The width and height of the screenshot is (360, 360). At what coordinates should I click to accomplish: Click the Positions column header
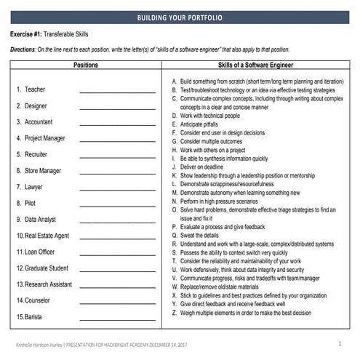click(x=86, y=65)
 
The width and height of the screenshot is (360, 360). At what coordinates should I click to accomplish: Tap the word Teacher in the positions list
click(x=34, y=89)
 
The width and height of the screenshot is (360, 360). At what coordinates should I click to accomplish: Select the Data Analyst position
click(x=41, y=219)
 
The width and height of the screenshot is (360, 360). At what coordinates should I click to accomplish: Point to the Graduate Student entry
click(x=47, y=268)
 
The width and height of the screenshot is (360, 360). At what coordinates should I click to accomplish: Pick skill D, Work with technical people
click(x=215, y=115)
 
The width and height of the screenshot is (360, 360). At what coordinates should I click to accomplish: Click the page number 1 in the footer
click(x=340, y=343)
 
